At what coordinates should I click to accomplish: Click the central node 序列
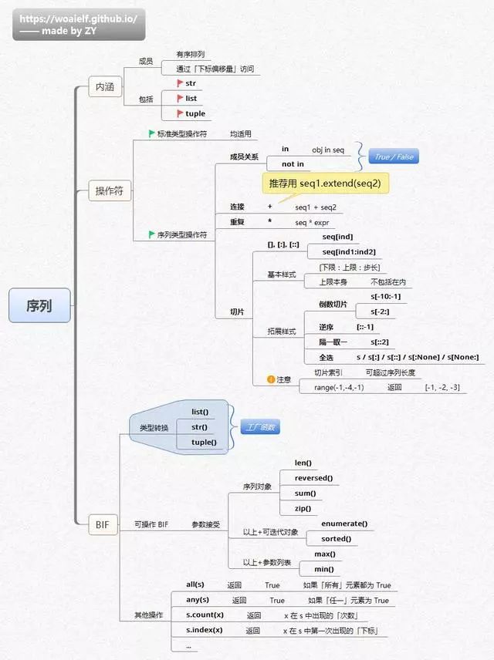coord(39,305)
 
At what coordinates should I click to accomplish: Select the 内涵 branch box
coord(104,87)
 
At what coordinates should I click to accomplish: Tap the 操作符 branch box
coord(109,191)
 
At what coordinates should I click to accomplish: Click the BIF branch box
coord(103,525)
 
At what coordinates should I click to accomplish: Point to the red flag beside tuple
coord(180,113)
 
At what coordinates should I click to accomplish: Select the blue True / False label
coord(393,157)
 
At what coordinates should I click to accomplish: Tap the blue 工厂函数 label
coord(259,426)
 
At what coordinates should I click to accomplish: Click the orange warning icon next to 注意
coord(271,379)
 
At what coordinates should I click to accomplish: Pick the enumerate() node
coord(343,524)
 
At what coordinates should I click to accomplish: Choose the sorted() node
coord(336,538)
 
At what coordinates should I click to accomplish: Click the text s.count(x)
coord(205,615)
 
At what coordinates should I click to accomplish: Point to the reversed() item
coord(313,478)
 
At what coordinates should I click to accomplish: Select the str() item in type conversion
coord(199,426)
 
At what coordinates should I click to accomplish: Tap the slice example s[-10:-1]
coord(385,296)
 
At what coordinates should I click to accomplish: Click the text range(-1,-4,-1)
coord(338,386)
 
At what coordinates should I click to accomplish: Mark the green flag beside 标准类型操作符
coord(152,133)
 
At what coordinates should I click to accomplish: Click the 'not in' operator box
coord(293,163)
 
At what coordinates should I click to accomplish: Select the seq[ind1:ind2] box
coord(349,251)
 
